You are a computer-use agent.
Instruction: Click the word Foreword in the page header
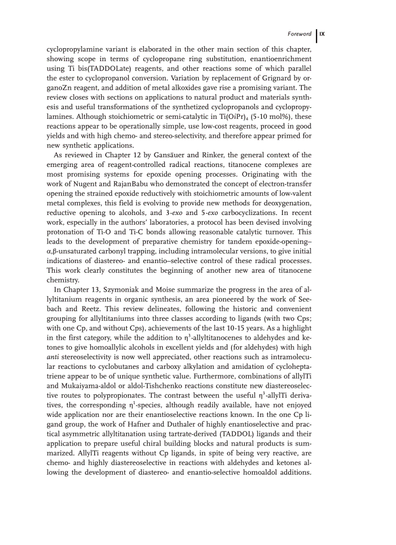tap(299, 34)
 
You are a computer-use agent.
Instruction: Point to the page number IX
tap(322, 34)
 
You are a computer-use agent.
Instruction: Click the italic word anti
tap(53, 357)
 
